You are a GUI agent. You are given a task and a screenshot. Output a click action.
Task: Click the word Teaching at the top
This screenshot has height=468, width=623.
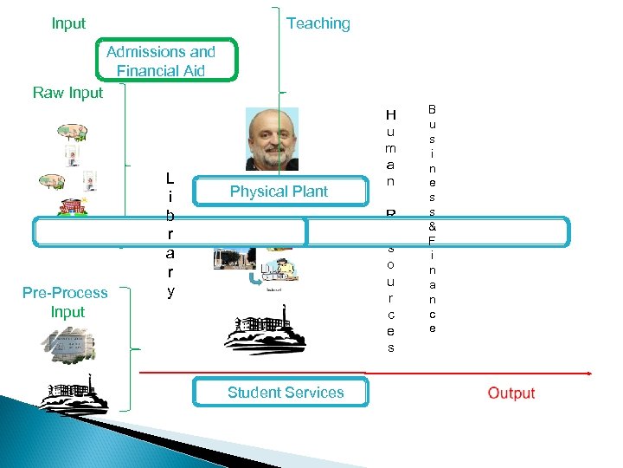(x=318, y=23)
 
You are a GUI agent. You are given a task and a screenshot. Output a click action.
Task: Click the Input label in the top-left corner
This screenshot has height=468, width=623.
(x=68, y=23)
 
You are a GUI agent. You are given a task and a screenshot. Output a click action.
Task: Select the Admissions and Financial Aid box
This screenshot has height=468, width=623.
(x=161, y=61)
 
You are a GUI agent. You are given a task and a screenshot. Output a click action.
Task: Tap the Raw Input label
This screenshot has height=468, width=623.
(x=67, y=93)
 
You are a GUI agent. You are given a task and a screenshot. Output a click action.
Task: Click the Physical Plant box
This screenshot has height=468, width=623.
(x=279, y=192)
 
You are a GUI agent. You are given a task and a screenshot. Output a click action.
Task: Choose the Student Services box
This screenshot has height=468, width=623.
(x=285, y=393)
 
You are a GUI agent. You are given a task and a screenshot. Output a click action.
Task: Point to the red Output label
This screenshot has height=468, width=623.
(x=511, y=393)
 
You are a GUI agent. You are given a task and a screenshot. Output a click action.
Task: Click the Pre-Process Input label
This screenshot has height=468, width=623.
(x=66, y=302)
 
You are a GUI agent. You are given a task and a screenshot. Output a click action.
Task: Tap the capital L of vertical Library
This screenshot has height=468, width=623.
(x=171, y=179)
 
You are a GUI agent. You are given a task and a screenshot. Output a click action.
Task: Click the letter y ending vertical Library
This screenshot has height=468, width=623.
(x=171, y=292)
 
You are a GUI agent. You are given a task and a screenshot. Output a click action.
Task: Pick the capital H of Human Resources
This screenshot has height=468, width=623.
(x=390, y=115)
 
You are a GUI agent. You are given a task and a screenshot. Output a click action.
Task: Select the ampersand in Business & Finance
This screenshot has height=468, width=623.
(x=433, y=225)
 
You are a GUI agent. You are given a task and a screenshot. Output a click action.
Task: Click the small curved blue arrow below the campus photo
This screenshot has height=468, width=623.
(x=254, y=279)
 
